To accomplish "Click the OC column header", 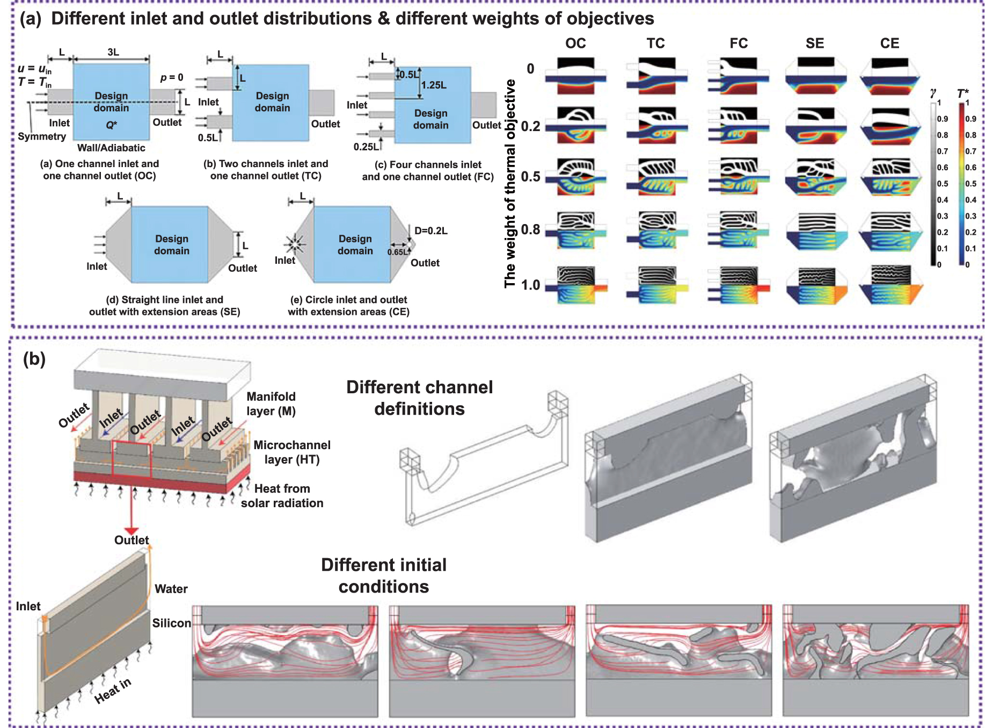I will [575, 44].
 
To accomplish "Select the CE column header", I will [889, 44].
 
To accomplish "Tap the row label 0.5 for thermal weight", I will [530, 177].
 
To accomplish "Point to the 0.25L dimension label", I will [366, 147].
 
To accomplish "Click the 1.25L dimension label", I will [434, 85].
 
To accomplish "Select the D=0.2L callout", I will [430, 230].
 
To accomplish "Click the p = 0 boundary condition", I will [172, 77].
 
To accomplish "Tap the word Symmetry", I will [42, 136].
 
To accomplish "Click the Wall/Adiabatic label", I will [111, 148].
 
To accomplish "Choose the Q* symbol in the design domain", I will [111, 125].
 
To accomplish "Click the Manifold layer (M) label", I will [271, 403].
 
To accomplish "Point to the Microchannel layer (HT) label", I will [292, 452].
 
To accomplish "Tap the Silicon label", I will [171, 623].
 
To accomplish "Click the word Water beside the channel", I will [171, 589].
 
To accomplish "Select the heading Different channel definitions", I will [419, 398].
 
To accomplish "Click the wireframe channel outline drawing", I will [483, 462].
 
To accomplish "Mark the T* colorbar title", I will [963, 93].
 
